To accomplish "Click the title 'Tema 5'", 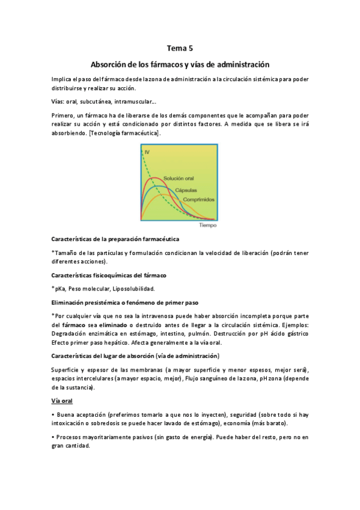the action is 180,48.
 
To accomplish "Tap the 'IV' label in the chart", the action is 146,152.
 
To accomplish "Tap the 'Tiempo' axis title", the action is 207,226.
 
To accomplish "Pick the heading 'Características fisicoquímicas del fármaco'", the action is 117,274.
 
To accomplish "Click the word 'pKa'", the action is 61,288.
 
